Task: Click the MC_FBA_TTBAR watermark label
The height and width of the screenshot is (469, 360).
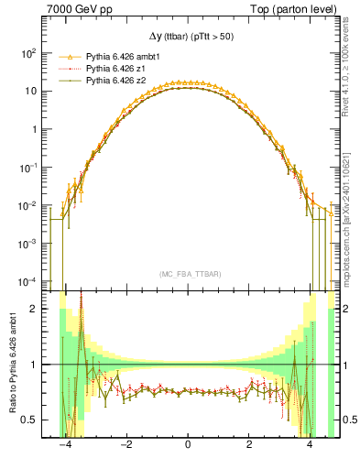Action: (x=188, y=275)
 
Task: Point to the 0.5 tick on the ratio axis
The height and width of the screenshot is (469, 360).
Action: (x=32, y=420)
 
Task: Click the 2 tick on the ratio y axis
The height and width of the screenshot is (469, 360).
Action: (x=37, y=309)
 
